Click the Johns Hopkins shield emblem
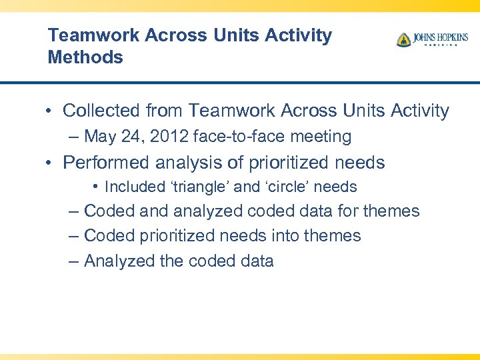403,40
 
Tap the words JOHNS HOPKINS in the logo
440,37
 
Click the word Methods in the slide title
85,57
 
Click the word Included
131,187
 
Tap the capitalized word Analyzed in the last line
120,261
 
